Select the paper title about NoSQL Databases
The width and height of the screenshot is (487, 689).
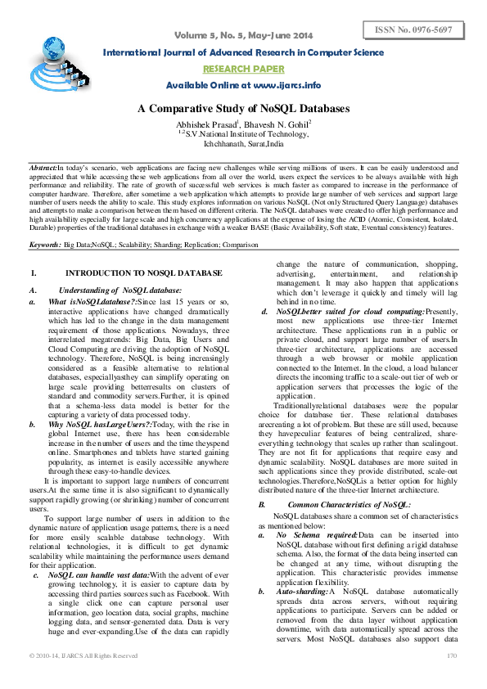[x=243, y=108]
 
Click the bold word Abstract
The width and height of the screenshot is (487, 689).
[x=43, y=166]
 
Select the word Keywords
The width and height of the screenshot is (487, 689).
[x=47, y=244]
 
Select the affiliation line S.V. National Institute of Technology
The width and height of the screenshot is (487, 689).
[x=243, y=132]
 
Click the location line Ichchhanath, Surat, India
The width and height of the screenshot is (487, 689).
[x=243, y=142]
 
